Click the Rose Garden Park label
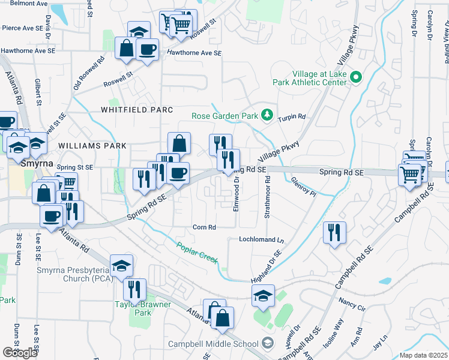[x=224, y=116]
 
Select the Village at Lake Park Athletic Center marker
[x=355, y=77]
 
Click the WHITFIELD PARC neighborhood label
[x=137, y=110]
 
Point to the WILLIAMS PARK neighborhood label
[x=92, y=146]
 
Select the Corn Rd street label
[x=204, y=227]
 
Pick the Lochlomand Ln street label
[x=261, y=239]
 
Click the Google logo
[x=20, y=353]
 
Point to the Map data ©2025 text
[x=423, y=355]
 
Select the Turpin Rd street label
[x=294, y=116]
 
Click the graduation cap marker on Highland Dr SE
[x=263, y=295]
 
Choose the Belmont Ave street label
[x=25, y=3]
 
